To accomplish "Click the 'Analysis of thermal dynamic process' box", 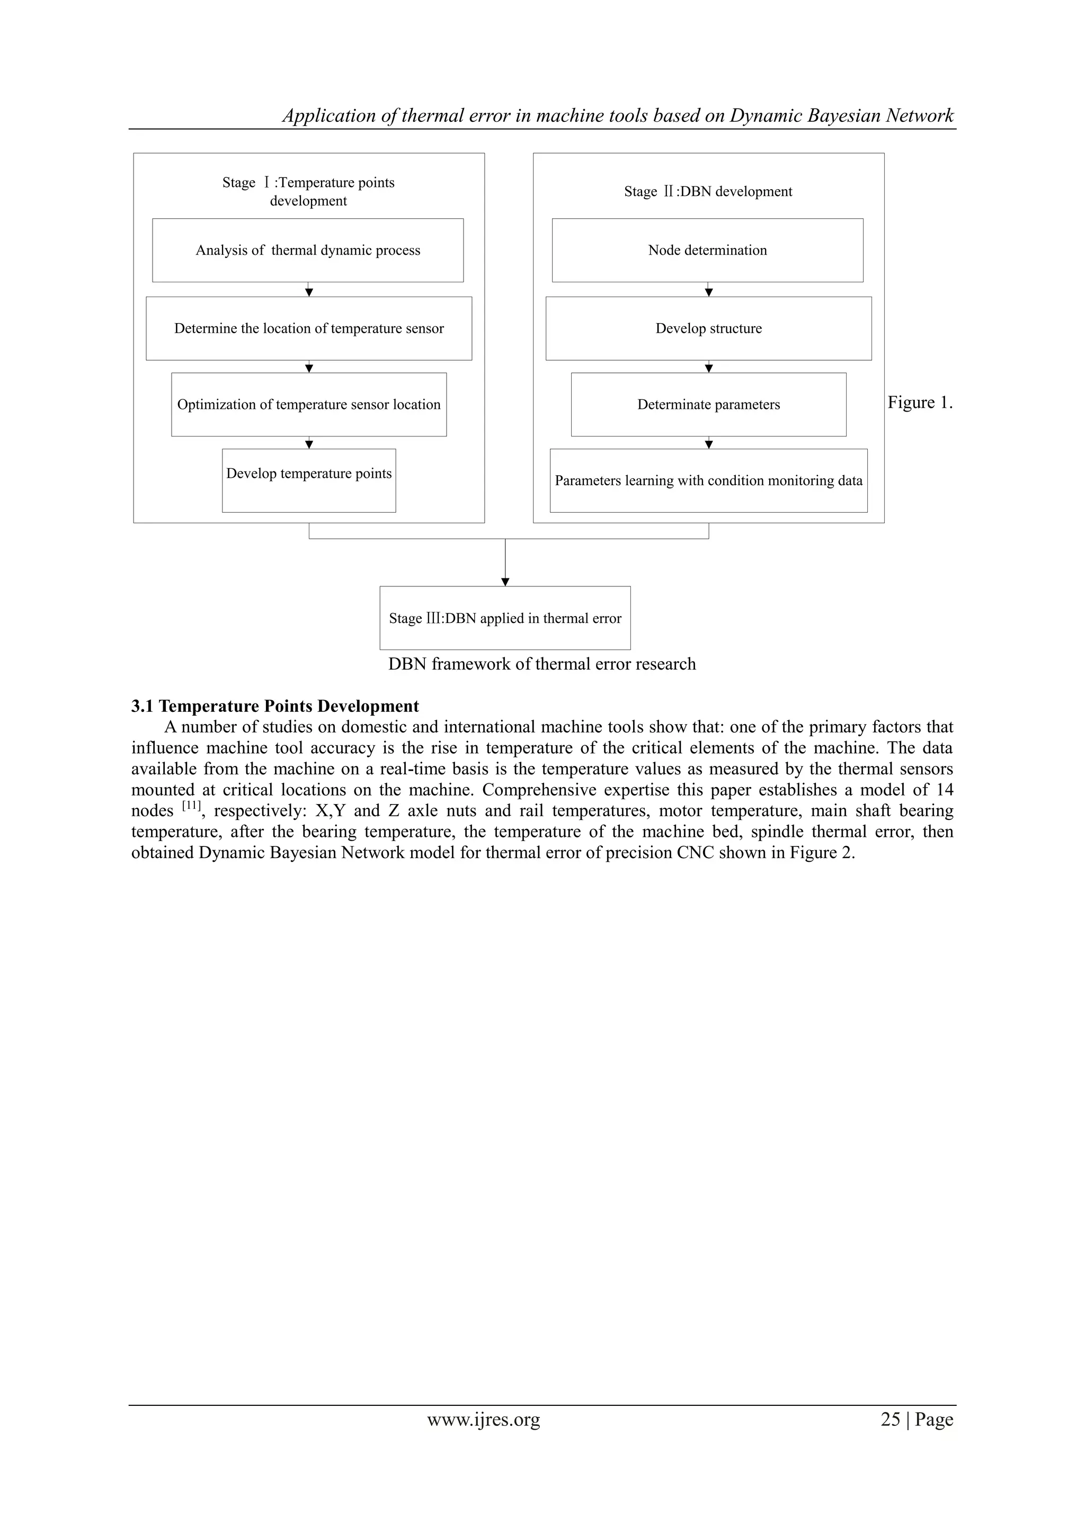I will tap(308, 251).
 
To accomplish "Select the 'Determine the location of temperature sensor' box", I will tap(309, 329).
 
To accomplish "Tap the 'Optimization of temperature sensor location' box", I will tap(309, 405).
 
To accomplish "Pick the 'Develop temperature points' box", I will tap(309, 480).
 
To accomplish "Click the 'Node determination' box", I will tap(707, 251).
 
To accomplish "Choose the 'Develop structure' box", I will tap(708, 329).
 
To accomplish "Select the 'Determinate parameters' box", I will tap(708, 405).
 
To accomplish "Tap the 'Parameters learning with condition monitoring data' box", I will tap(708, 481).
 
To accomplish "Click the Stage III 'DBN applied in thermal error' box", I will tap(505, 618).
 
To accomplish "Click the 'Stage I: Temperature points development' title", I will tap(309, 192).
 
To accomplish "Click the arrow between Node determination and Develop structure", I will tap(709, 291).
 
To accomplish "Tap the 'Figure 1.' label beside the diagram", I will tap(919, 403).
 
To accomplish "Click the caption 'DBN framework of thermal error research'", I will tap(542, 664).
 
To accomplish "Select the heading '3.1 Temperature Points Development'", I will tap(275, 706).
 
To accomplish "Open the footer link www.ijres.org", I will tap(484, 1420).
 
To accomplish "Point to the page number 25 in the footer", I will tap(890, 1420).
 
